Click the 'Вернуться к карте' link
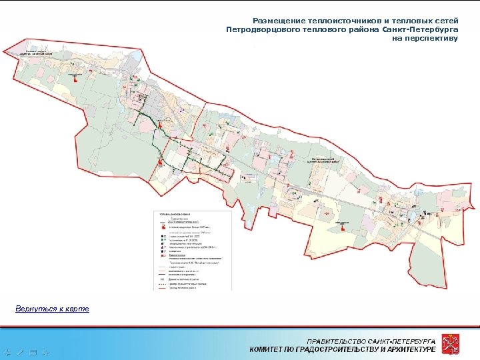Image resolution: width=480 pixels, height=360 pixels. pyautogui.click(x=52, y=309)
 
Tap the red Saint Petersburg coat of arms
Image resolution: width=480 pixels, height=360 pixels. pyautogui.click(x=455, y=345)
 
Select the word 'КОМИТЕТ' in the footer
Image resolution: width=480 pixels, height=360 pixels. pyautogui.click(x=270, y=350)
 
